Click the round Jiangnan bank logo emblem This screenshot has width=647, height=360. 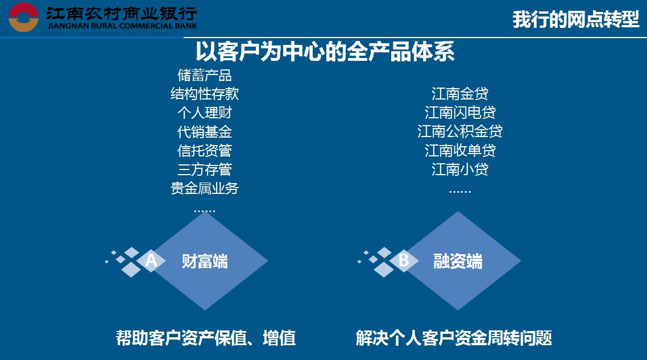(x=23, y=17)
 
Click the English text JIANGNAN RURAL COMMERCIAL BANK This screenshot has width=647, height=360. (x=122, y=26)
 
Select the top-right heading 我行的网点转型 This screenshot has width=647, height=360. (x=576, y=19)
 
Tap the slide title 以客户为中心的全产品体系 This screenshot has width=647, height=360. (x=325, y=52)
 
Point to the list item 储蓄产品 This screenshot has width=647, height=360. (x=205, y=75)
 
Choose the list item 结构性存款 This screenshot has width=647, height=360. (x=205, y=94)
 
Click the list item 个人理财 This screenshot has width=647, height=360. (x=205, y=113)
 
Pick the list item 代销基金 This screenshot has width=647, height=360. (x=205, y=132)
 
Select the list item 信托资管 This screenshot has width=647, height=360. (x=205, y=150)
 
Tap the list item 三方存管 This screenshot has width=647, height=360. (x=205, y=169)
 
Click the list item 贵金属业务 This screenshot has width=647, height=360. (x=205, y=188)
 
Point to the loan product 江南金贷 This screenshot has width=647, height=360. (x=460, y=94)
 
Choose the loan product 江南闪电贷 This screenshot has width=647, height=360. (x=460, y=112)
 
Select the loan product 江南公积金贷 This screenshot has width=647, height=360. (x=460, y=131)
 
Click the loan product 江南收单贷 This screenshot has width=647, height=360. (x=460, y=150)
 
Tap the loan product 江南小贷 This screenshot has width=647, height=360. (x=460, y=169)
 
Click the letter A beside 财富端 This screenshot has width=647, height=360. (x=151, y=260)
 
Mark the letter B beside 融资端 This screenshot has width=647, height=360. (x=404, y=260)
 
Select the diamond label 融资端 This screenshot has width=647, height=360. (x=458, y=262)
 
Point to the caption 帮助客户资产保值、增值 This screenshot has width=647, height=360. (x=205, y=338)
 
